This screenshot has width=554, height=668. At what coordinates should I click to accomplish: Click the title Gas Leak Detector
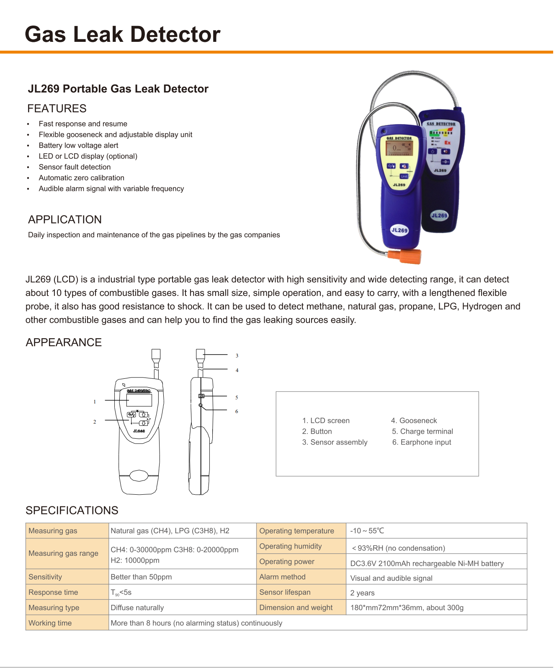click(x=122, y=34)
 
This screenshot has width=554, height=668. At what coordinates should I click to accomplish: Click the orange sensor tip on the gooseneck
click(x=405, y=256)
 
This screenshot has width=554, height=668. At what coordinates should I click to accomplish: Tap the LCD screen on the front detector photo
click(x=399, y=148)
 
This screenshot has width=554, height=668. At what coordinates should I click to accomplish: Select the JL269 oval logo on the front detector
click(x=399, y=230)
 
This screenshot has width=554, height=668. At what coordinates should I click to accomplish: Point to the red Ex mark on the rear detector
click(x=447, y=143)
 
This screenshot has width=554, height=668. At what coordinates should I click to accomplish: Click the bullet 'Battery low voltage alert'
click(x=78, y=145)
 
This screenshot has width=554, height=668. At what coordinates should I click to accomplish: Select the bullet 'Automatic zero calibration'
click(x=81, y=178)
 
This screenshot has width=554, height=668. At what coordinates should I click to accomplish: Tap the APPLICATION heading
click(x=65, y=220)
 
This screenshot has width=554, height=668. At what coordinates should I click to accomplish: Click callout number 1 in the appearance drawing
click(x=95, y=402)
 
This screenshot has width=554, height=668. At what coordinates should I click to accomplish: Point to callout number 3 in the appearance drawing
click(x=237, y=356)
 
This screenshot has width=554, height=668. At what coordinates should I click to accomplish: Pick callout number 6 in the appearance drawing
click(x=237, y=411)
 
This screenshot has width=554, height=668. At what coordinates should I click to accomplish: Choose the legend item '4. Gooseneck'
click(x=414, y=421)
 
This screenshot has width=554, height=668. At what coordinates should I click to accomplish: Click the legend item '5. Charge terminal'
click(x=422, y=432)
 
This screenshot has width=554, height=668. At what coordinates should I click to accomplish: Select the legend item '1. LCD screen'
click(x=326, y=421)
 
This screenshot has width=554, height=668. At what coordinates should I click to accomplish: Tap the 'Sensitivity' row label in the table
click(x=45, y=577)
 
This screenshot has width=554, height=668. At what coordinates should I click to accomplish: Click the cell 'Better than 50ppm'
click(x=141, y=577)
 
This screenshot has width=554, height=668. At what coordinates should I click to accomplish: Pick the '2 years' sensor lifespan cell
click(x=362, y=593)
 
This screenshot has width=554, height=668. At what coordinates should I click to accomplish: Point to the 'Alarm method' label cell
click(x=282, y=577)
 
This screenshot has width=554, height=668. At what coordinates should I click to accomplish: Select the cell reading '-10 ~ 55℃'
click(x=367, y=531)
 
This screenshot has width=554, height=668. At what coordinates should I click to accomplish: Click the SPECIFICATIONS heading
click(x=72, y=510)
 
